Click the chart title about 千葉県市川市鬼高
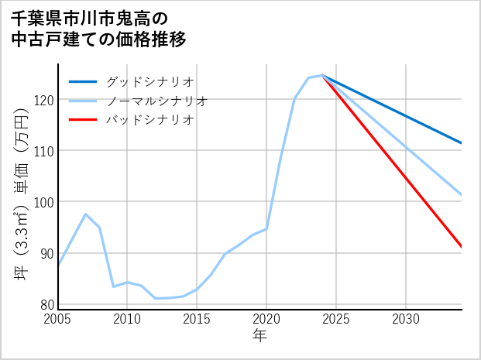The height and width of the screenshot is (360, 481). click(99, 28)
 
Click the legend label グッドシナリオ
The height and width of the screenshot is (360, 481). click(149, 81)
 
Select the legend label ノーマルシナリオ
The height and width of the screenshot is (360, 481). click(156, 101)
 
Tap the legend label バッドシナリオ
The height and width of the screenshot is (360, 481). click(149, 120)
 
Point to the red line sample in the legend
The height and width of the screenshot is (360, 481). click(83, 120)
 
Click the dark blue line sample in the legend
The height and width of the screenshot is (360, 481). click(83, 81)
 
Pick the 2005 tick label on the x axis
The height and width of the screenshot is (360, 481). click(58, 319)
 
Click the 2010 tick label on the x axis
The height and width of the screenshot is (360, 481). click(127, 319)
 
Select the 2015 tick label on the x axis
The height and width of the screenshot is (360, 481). click(197, 319)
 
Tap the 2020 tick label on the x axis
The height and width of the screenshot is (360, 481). click(266, 319)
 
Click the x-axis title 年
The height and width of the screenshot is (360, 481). click(260, 336)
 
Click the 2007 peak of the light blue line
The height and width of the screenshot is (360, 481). click(85, 214)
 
